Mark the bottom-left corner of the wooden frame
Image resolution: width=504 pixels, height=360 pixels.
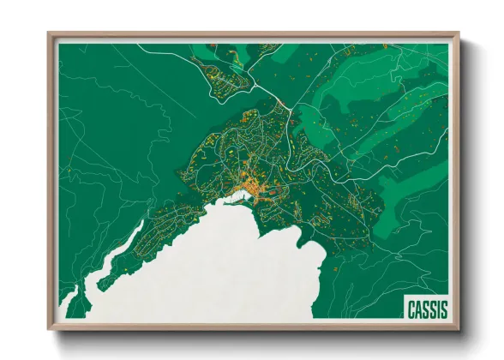coord(49,329)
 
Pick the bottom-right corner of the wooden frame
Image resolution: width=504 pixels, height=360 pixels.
coord(459,329)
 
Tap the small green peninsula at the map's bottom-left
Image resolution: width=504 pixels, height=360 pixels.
coord(70,304)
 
